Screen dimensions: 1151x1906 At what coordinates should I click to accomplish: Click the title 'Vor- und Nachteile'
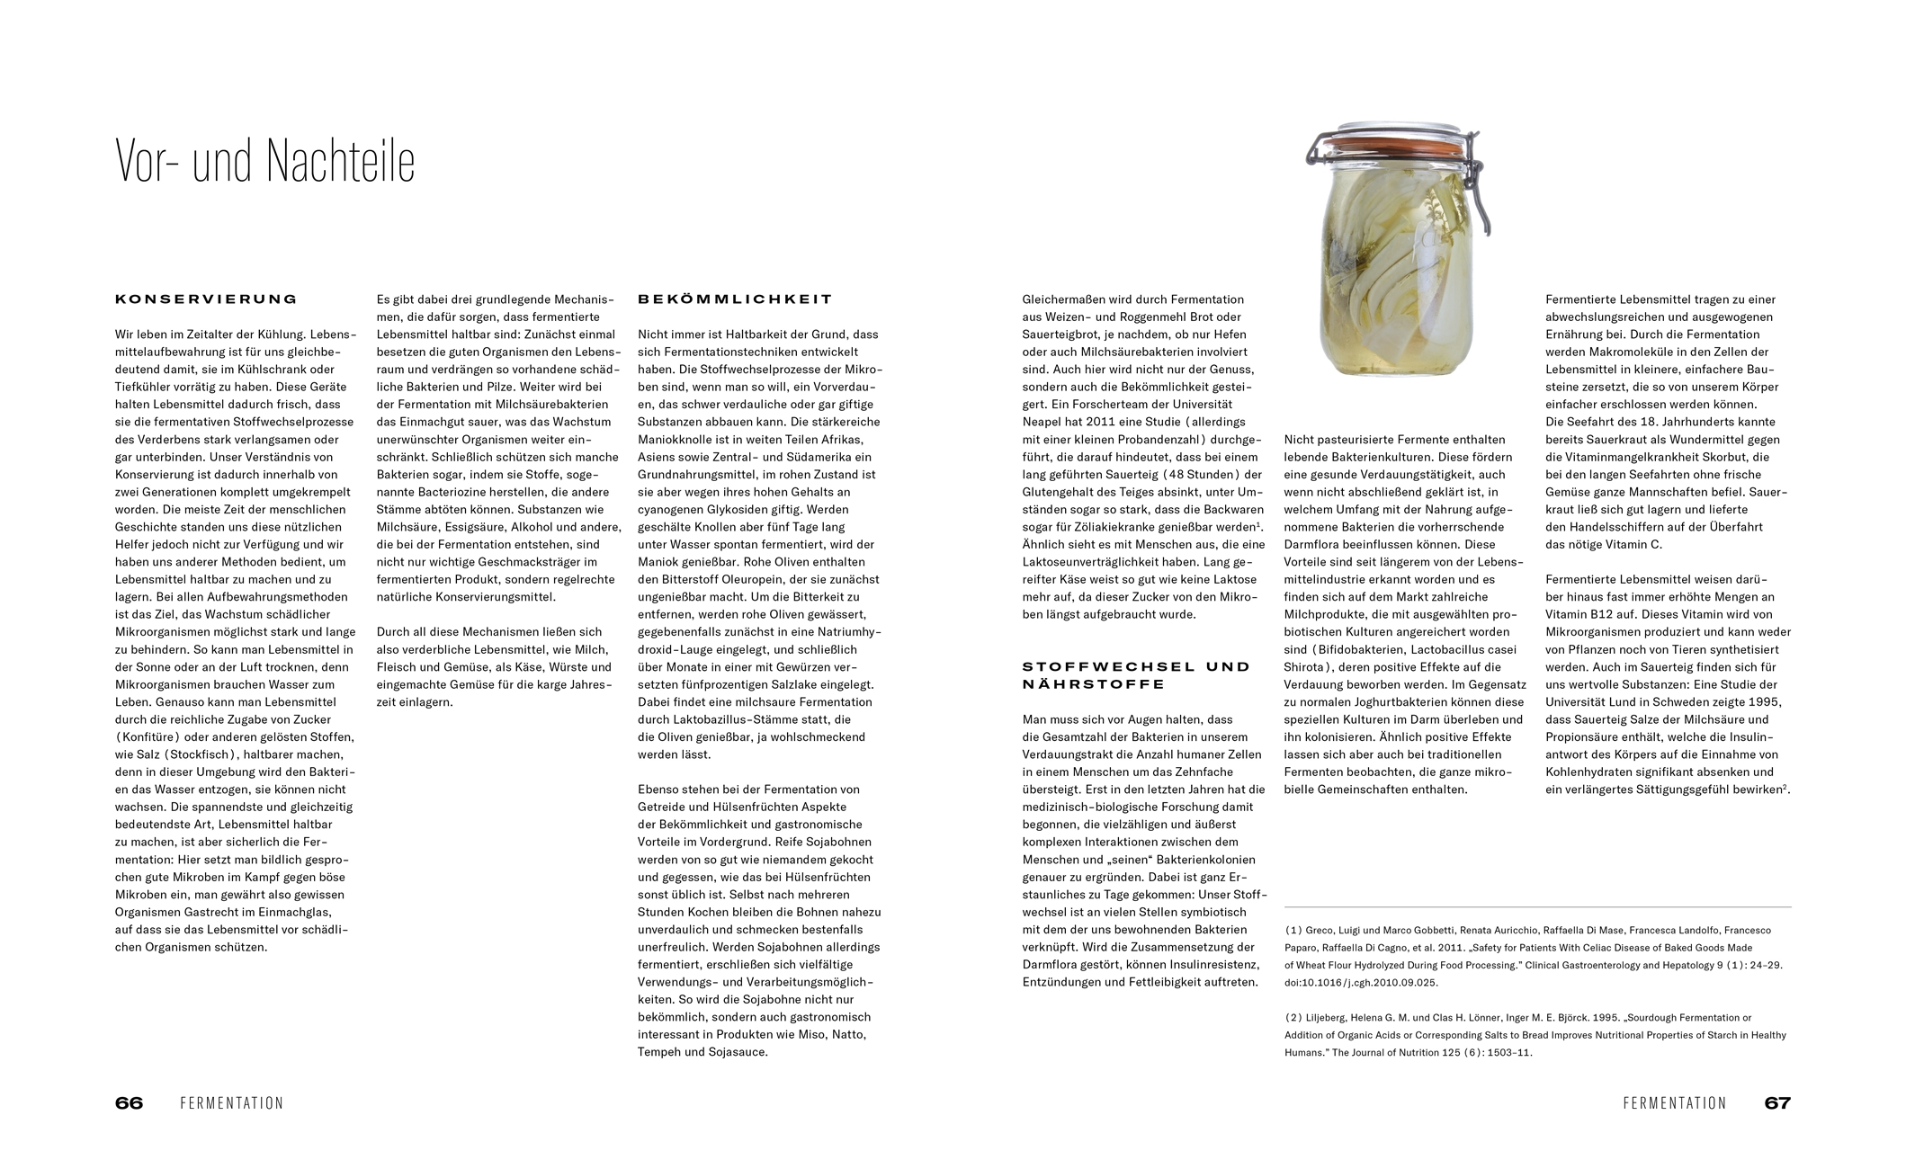click(x=265, y=162)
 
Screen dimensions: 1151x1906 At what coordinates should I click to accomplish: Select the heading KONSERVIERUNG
click(x=206, y=299)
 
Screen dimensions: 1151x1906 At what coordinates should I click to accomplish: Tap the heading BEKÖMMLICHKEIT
click(x=735, y=299)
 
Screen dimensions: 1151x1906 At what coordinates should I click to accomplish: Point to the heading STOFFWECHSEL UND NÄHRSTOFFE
click(x=1136, y=675)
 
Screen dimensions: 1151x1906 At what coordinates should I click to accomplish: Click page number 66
click(x=129, y=1103)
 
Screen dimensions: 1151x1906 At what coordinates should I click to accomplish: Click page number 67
click(x=1776, y=1103)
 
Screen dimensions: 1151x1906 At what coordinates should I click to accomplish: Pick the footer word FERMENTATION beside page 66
click(x=231, y=1103)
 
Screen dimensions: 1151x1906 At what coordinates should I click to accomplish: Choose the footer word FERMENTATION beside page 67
click(x=1674, y=1103)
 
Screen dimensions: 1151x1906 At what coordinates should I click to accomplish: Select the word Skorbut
click(x=1744, y=457)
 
